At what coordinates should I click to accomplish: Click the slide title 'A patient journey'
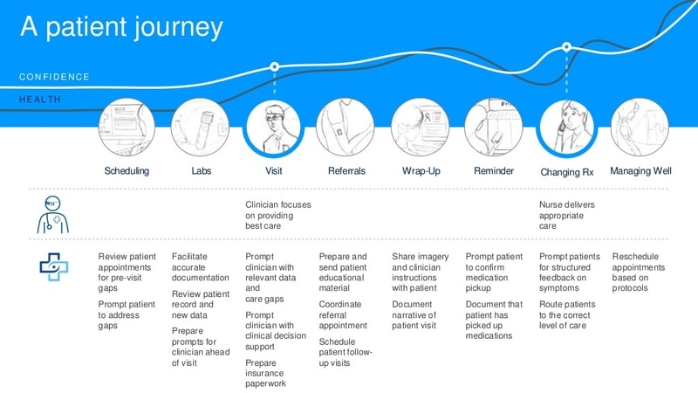pyautogui.click(x=121, y=28)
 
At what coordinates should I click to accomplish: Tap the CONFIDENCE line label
pyautogui.click(x=54, y=77)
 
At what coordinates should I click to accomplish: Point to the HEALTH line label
pyautogui.click(x=40, y=100)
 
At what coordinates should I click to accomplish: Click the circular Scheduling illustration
pyautogui.click(x=127, y=127)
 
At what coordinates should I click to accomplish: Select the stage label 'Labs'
pyautogui.click(x=202, y=171)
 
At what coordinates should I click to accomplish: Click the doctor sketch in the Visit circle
pyautogui.click(x=274, y=128)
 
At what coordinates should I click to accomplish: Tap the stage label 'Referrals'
pyautogui.click(x=346, y=171)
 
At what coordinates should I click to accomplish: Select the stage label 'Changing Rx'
pyautogui.click(x=566, y=172)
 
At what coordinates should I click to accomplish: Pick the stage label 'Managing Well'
pyautogui.click(x=640, y=171)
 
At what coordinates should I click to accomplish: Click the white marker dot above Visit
pyautogui.click(x=275, y=65)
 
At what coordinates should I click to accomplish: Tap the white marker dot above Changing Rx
pyautogui.click(x=566, y=46)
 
